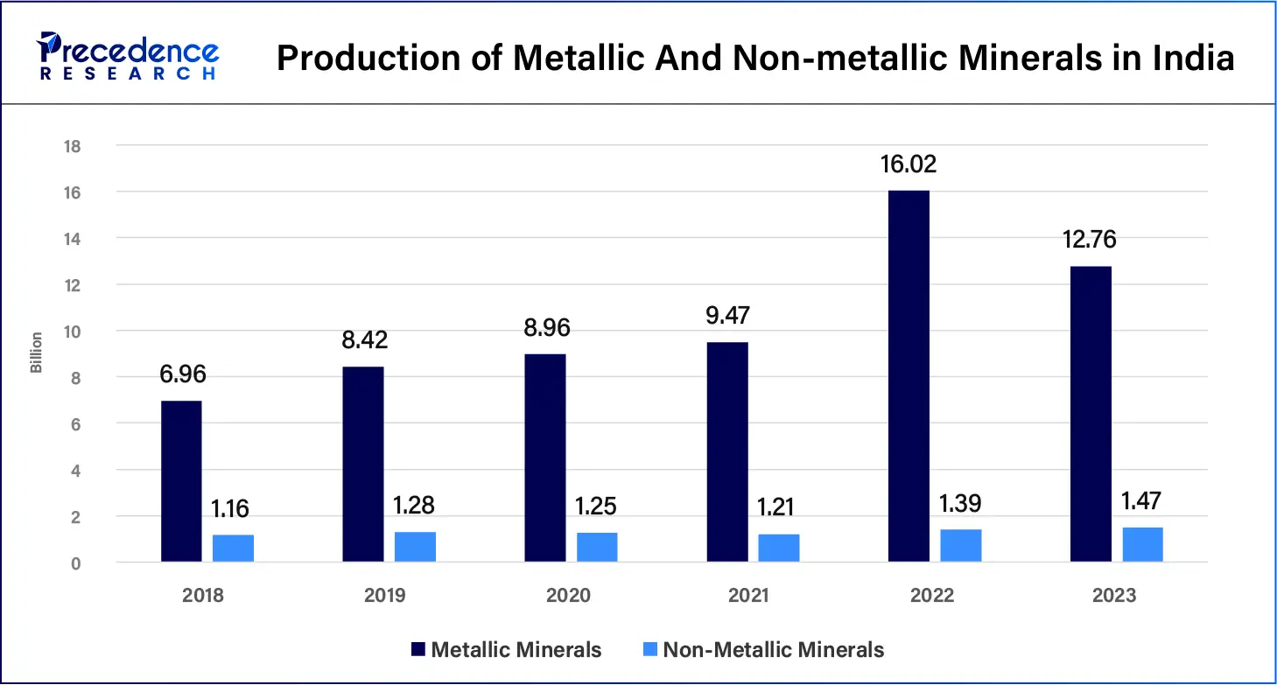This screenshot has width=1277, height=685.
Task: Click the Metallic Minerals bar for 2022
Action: [909, 376]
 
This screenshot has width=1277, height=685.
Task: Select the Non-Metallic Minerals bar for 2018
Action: [233, 548]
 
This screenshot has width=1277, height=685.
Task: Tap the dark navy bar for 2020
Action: [544, 458]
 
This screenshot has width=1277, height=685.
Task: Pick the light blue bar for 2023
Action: [1142, 544]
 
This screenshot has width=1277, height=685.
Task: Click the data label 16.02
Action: [909, 164]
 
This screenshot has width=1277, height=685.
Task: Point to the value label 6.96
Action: [181, 374]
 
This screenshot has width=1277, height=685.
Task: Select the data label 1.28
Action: [415, 506]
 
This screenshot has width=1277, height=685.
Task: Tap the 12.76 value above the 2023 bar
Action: [1090, 240]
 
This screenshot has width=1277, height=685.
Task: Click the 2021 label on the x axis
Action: [748, 596]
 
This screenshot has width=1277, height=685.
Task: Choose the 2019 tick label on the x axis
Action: [384, 596]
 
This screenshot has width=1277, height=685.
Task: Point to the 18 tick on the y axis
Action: [72, 146]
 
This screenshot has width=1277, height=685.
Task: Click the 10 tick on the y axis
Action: [72, 332]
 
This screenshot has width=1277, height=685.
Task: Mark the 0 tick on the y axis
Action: [76, 563]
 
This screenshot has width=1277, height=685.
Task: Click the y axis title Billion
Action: [36, 353]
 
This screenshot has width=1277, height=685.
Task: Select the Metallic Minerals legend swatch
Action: [418, 650]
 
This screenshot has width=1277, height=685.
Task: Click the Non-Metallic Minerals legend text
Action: [773, 650]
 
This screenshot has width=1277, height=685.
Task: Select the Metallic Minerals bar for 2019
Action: [362, 465]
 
